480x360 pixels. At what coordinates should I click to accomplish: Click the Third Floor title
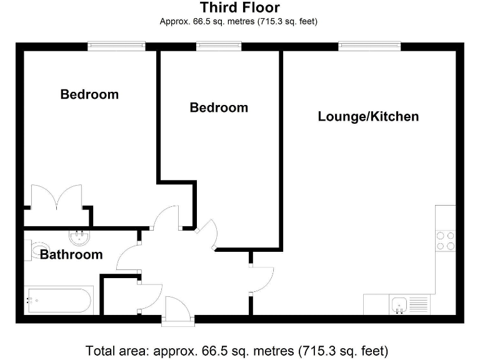click(239, 8)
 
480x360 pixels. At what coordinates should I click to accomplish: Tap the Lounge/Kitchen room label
click(368, 116)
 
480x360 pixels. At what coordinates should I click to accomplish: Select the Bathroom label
click(71, 254)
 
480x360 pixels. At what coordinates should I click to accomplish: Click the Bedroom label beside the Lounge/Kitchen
click(219, 107)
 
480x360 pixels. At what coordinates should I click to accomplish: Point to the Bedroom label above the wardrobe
click(89, 94)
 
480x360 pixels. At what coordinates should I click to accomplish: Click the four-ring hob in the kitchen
click(445, 241)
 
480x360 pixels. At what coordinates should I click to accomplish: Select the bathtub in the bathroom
click(57, 300)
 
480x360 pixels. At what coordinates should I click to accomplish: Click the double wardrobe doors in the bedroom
click(56, 197)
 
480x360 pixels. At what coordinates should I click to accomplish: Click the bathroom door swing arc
click(128, 257)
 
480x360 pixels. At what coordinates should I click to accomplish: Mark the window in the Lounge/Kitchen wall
click(369, 46)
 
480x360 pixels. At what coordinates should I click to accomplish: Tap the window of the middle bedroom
click(219, 46)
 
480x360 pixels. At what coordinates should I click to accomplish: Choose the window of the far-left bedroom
click(116, 46)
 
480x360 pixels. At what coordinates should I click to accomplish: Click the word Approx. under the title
click(175, 22)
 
